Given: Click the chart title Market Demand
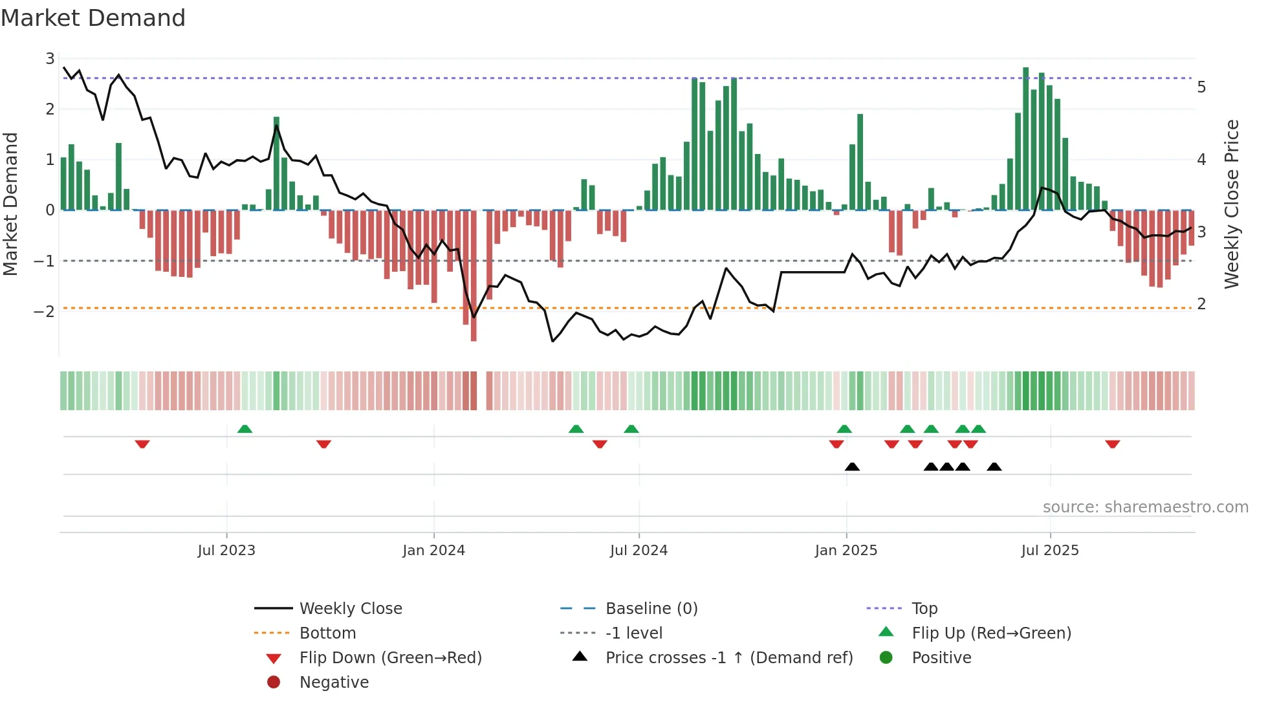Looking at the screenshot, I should [93, 18].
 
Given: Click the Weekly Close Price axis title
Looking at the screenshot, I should [1232, 204].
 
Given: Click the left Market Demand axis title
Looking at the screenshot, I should [10, 204].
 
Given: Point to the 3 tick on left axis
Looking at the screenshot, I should [50, 59].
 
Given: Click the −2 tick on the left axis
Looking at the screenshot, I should [45, 311].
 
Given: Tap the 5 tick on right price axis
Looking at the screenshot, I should [1201, 87].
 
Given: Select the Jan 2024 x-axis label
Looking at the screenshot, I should [433, 551].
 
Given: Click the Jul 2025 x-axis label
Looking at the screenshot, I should [1049, 551].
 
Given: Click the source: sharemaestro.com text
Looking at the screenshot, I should [1145, 507].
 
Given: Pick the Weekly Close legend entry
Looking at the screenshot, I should [350, 609].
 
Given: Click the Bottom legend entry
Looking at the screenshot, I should [327, 633].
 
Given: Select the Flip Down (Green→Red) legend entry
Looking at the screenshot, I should [390, 658].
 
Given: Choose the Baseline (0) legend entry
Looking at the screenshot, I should [651, 609].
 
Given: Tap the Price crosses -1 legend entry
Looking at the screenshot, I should [728, 658].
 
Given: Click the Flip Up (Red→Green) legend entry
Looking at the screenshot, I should [991, 633].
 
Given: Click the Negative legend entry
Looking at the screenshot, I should [334, 683].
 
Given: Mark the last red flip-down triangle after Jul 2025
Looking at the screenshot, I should [1112, 444].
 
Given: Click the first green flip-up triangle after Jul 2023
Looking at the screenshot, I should [245, 429].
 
